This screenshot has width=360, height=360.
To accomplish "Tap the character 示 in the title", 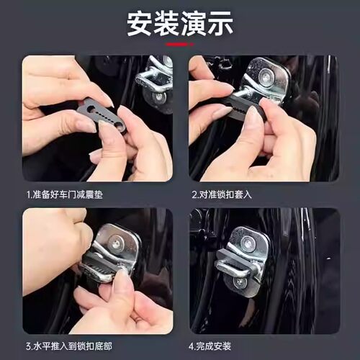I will coord(218,24).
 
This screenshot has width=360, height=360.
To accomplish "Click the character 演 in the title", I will coord(192,24).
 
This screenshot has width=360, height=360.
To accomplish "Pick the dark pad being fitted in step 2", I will coord(241,108).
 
